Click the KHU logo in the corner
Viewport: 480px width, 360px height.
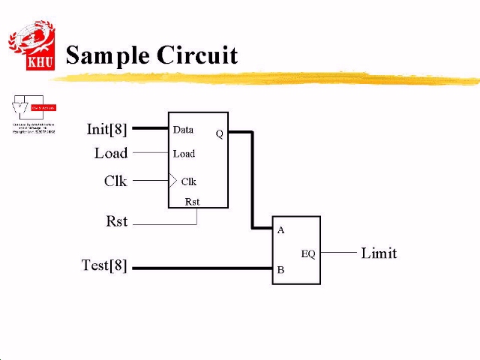tap(31, 46)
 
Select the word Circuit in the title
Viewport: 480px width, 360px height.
tap(197, 55)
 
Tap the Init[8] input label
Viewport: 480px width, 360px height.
tap(107, 129)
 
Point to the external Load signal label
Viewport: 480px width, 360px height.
tap(111, 153)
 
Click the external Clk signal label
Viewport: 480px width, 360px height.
tap(115, 181)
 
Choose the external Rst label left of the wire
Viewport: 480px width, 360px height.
tap(117, 222)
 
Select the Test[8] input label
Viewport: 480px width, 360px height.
tap(104, 265)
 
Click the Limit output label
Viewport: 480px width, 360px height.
tap(379, 253)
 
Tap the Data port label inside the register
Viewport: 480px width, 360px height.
tap(183, 129)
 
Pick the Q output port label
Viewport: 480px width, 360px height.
tap(219, 133)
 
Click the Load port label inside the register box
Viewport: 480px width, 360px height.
tap(184, 154)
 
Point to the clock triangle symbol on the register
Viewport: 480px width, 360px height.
tap(172, 181)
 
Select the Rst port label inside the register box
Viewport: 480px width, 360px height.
tap(192, 201)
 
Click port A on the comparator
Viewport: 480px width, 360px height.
tap(281, 230)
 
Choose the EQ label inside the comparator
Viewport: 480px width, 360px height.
tap(308, 253)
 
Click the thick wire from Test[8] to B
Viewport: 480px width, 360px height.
tap(202, 268)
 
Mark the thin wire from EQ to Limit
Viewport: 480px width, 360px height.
tap(338, 253)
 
